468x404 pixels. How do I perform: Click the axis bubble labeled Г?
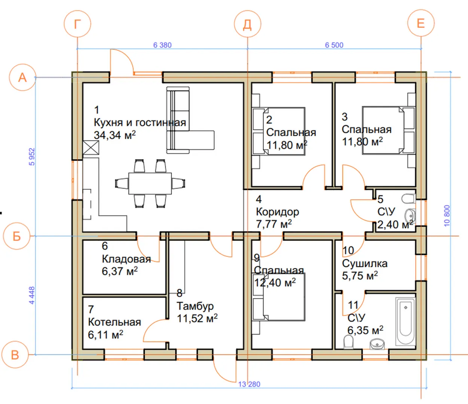77,24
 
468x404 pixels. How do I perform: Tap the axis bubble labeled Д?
248,24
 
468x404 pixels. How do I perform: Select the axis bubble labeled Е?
421,23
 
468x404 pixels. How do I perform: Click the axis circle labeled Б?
16,236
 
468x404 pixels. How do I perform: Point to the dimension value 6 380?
162,45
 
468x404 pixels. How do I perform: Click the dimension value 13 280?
249,384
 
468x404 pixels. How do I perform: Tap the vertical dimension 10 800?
447,215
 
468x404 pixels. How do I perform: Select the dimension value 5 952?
32,157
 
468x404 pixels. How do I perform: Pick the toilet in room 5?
409,199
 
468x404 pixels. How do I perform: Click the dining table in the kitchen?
150,183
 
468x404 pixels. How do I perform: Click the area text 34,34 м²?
115,135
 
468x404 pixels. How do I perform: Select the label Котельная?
114,322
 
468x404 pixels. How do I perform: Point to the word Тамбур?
195,306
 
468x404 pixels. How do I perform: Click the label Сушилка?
364,264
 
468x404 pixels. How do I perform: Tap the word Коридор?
277,212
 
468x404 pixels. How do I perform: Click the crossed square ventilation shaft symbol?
91,148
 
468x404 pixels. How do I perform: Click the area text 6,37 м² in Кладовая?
120,271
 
